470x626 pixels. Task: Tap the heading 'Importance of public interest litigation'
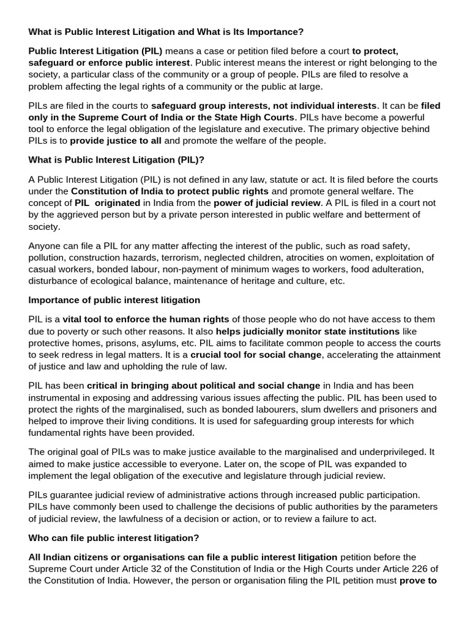pos(114,300)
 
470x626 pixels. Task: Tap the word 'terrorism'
pos(181,257)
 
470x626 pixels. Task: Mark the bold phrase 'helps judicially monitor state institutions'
pos(307,331)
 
